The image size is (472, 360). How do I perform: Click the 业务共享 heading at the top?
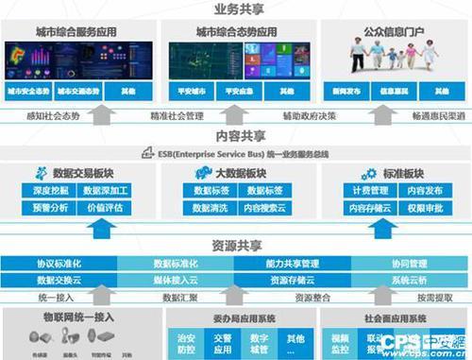pyautogui.click(x=236, y=9)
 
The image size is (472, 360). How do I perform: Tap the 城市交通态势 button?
pyautogui.click(x=77, y=92)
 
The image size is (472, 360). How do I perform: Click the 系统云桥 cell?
pyautogui.click(x=412, y=281)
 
